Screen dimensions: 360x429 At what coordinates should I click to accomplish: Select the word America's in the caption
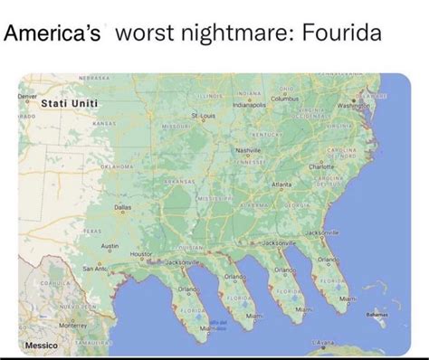pyautogui.click(x=57, y=36)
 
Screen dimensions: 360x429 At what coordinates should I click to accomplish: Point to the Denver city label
pyautogui.click(x=29, y=95)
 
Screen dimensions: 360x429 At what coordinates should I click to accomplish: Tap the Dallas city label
pyautogui.click(x=123, y=207)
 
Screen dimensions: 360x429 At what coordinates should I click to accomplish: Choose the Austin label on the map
pyautogui.click(x=110, y=246)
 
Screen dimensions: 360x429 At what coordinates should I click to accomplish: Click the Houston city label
pyautogui.click(x=142, y=255)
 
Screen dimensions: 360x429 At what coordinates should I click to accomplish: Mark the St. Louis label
pyautogui.click(x=203, y=116)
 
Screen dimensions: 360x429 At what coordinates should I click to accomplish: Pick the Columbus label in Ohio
pyautogui.click(x=285, y=97)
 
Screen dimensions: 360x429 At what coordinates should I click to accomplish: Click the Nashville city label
pyautogui.click(x=247, y=149)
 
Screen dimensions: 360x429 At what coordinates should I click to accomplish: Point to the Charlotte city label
pyautogui.click(x=321, y=166)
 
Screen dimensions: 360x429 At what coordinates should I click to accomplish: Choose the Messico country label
pyautogui.click(x=41, y=346)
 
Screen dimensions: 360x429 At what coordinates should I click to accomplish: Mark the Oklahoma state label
pyautogui.click(x=118, y=167)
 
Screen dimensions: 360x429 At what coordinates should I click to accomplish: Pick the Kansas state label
pyautogui.click(x=103, y=122)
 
